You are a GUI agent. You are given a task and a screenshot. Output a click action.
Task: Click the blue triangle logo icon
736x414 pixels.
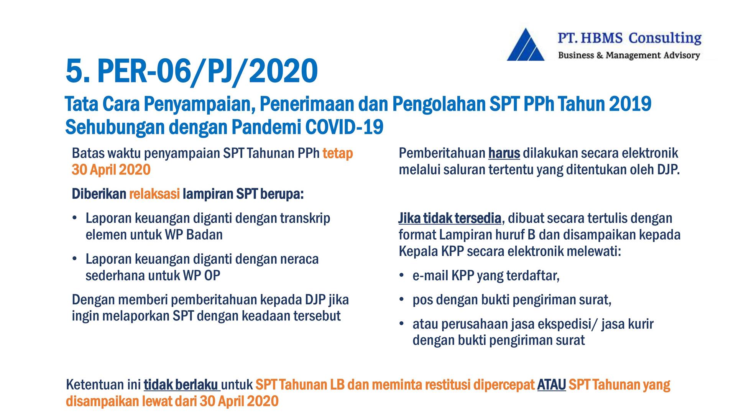point(526,45)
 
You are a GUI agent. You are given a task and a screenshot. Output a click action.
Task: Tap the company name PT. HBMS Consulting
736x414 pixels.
point(629,38)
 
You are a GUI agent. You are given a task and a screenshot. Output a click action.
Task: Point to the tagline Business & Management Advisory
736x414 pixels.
point(629,55)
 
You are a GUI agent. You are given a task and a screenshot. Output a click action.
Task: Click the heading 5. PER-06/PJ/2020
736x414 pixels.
point(192,71)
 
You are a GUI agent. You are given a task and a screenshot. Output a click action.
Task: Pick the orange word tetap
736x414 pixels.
point(337,153)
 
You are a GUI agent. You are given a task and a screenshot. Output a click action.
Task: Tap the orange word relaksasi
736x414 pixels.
point(154,194)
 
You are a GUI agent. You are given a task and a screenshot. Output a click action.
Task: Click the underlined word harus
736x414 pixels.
point(504,153)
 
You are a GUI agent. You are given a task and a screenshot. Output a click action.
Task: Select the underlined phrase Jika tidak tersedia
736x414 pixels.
point(450,218)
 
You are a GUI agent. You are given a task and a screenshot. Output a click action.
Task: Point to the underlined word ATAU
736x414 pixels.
point(552,384)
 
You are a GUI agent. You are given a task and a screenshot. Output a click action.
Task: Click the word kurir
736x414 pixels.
point(641,324)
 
